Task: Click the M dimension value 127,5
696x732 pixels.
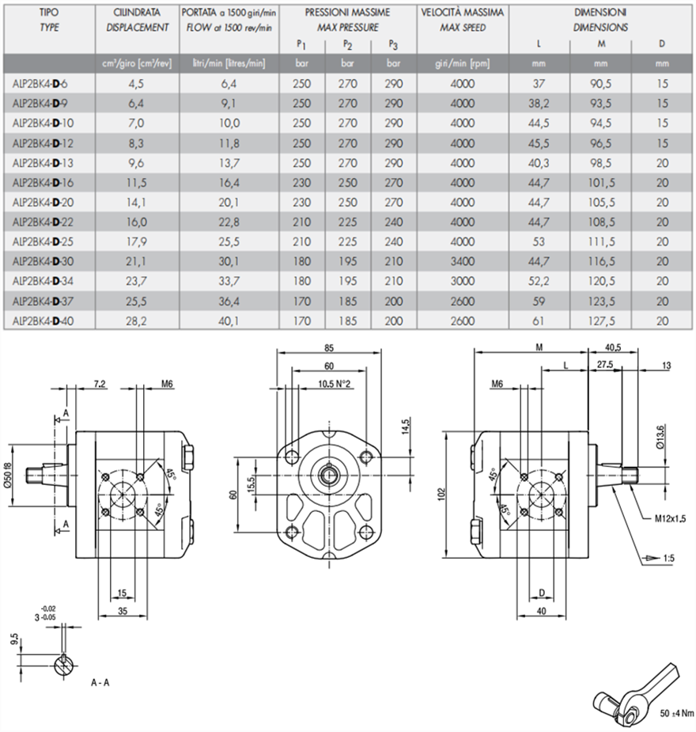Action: click(x=601, y=321)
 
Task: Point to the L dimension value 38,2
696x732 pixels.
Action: click(x=538, y=103)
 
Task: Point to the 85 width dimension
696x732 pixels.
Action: click(x=327, y=346)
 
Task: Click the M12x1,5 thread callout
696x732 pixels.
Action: click(x=669, y=520)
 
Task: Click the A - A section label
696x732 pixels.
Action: click(x=100, y=681)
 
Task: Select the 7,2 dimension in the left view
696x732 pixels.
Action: click(x=100, y=384)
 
